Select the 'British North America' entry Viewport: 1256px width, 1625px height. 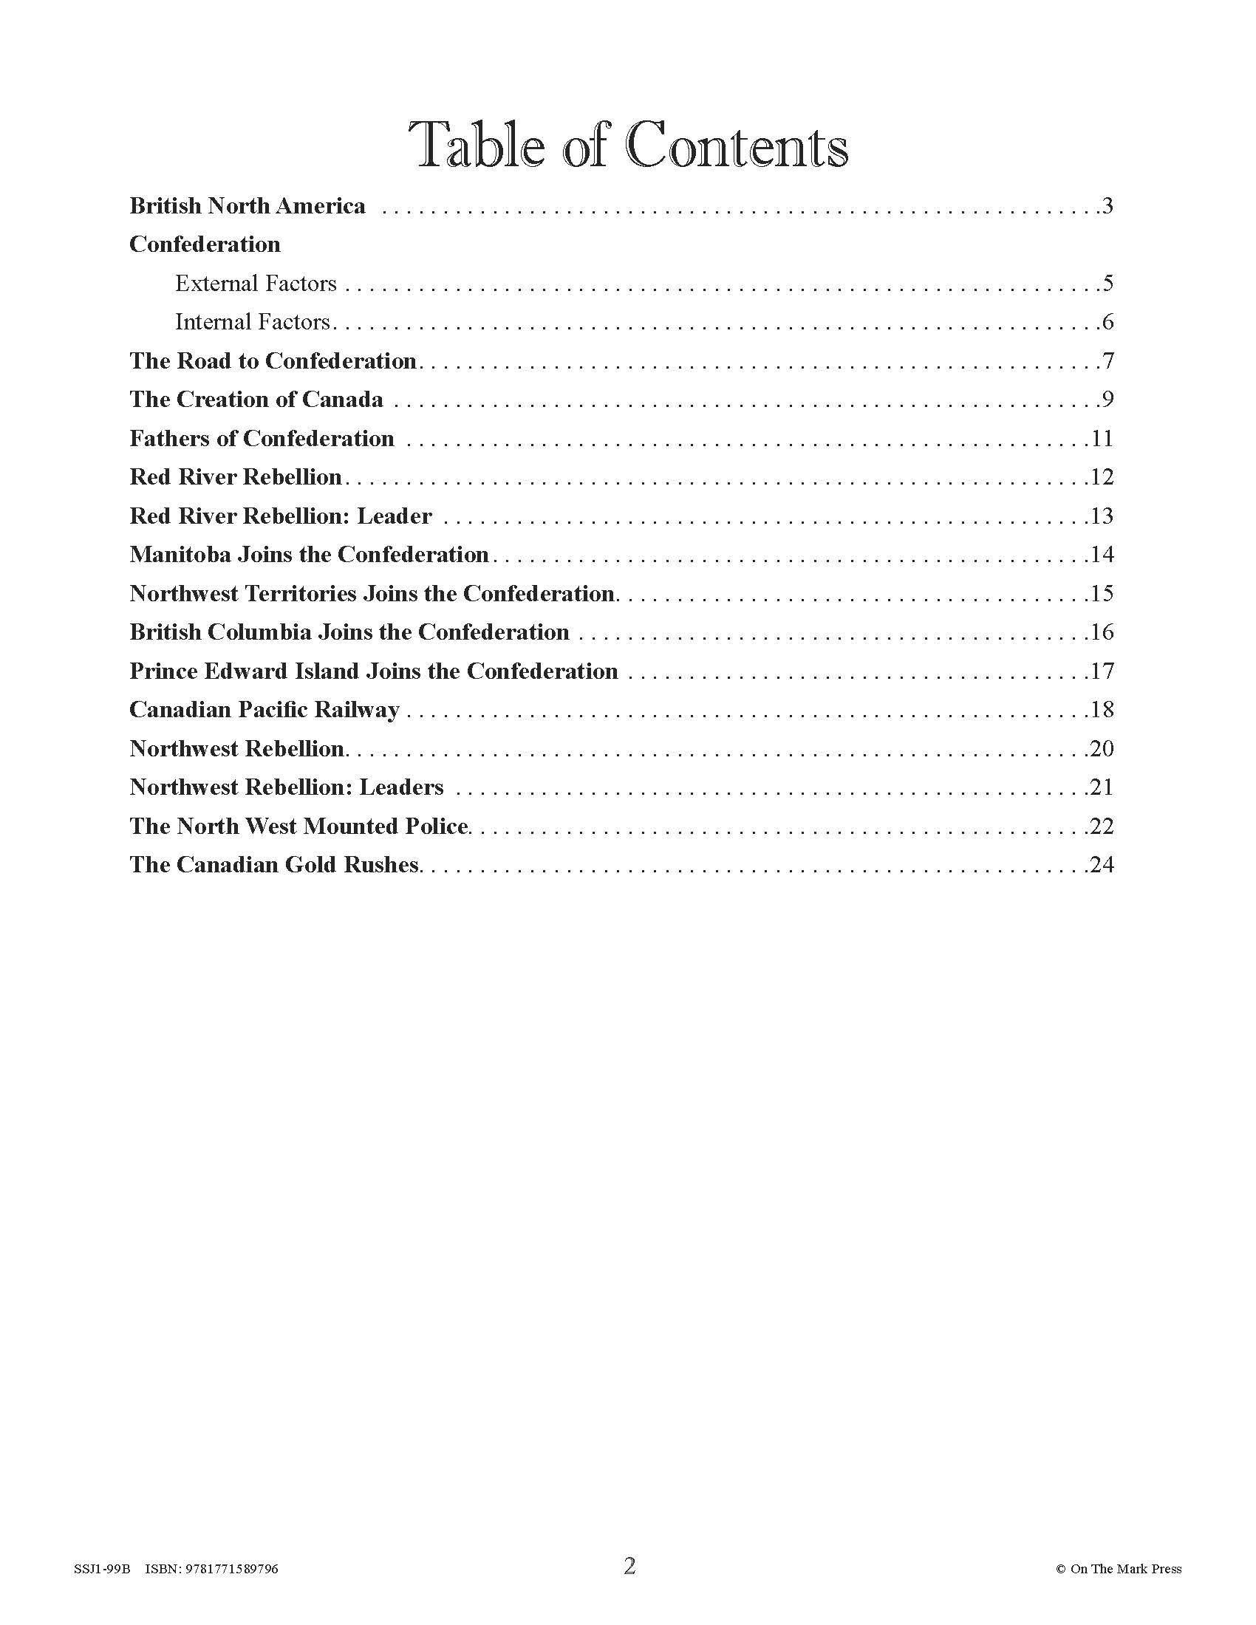pyautogui.click(x=247, y=206)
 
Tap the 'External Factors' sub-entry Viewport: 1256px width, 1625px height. pyautogui.click(x=256, y=284)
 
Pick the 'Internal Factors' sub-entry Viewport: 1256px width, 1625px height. pyautogui.click(x=252, y=322)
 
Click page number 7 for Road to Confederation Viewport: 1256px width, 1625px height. pyautogui.click(x=1108, y=361)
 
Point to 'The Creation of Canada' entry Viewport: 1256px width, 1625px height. pyautogui.click(x=256, y=400)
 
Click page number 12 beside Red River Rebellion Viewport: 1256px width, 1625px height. pyautogui.click(x=1102, y=477)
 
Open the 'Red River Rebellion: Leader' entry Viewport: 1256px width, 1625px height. pyautogui.click(x=281, y=516)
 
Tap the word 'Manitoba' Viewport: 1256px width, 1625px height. pyautogui.click(x=180, y=554)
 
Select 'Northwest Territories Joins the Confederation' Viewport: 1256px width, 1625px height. pyautogui.click(x=372, y=593)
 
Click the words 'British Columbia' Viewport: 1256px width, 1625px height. pyautogui.click(x=220, y=632)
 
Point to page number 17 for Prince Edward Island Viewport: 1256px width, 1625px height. pyautogui.click(x=1102, y=671)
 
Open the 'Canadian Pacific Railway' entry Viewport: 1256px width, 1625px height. pyautogui.click(x=264, y=710)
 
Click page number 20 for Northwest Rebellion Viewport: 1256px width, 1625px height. pyautogui.click(x=1101, y=748)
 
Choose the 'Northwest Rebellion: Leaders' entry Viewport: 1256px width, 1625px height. pyautogui.click(x=287, y=787)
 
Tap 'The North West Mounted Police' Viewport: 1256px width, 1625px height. pyautogui.click(x=299, y=826)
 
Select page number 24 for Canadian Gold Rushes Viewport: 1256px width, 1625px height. pyautogui.click(x=1101, y=865)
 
